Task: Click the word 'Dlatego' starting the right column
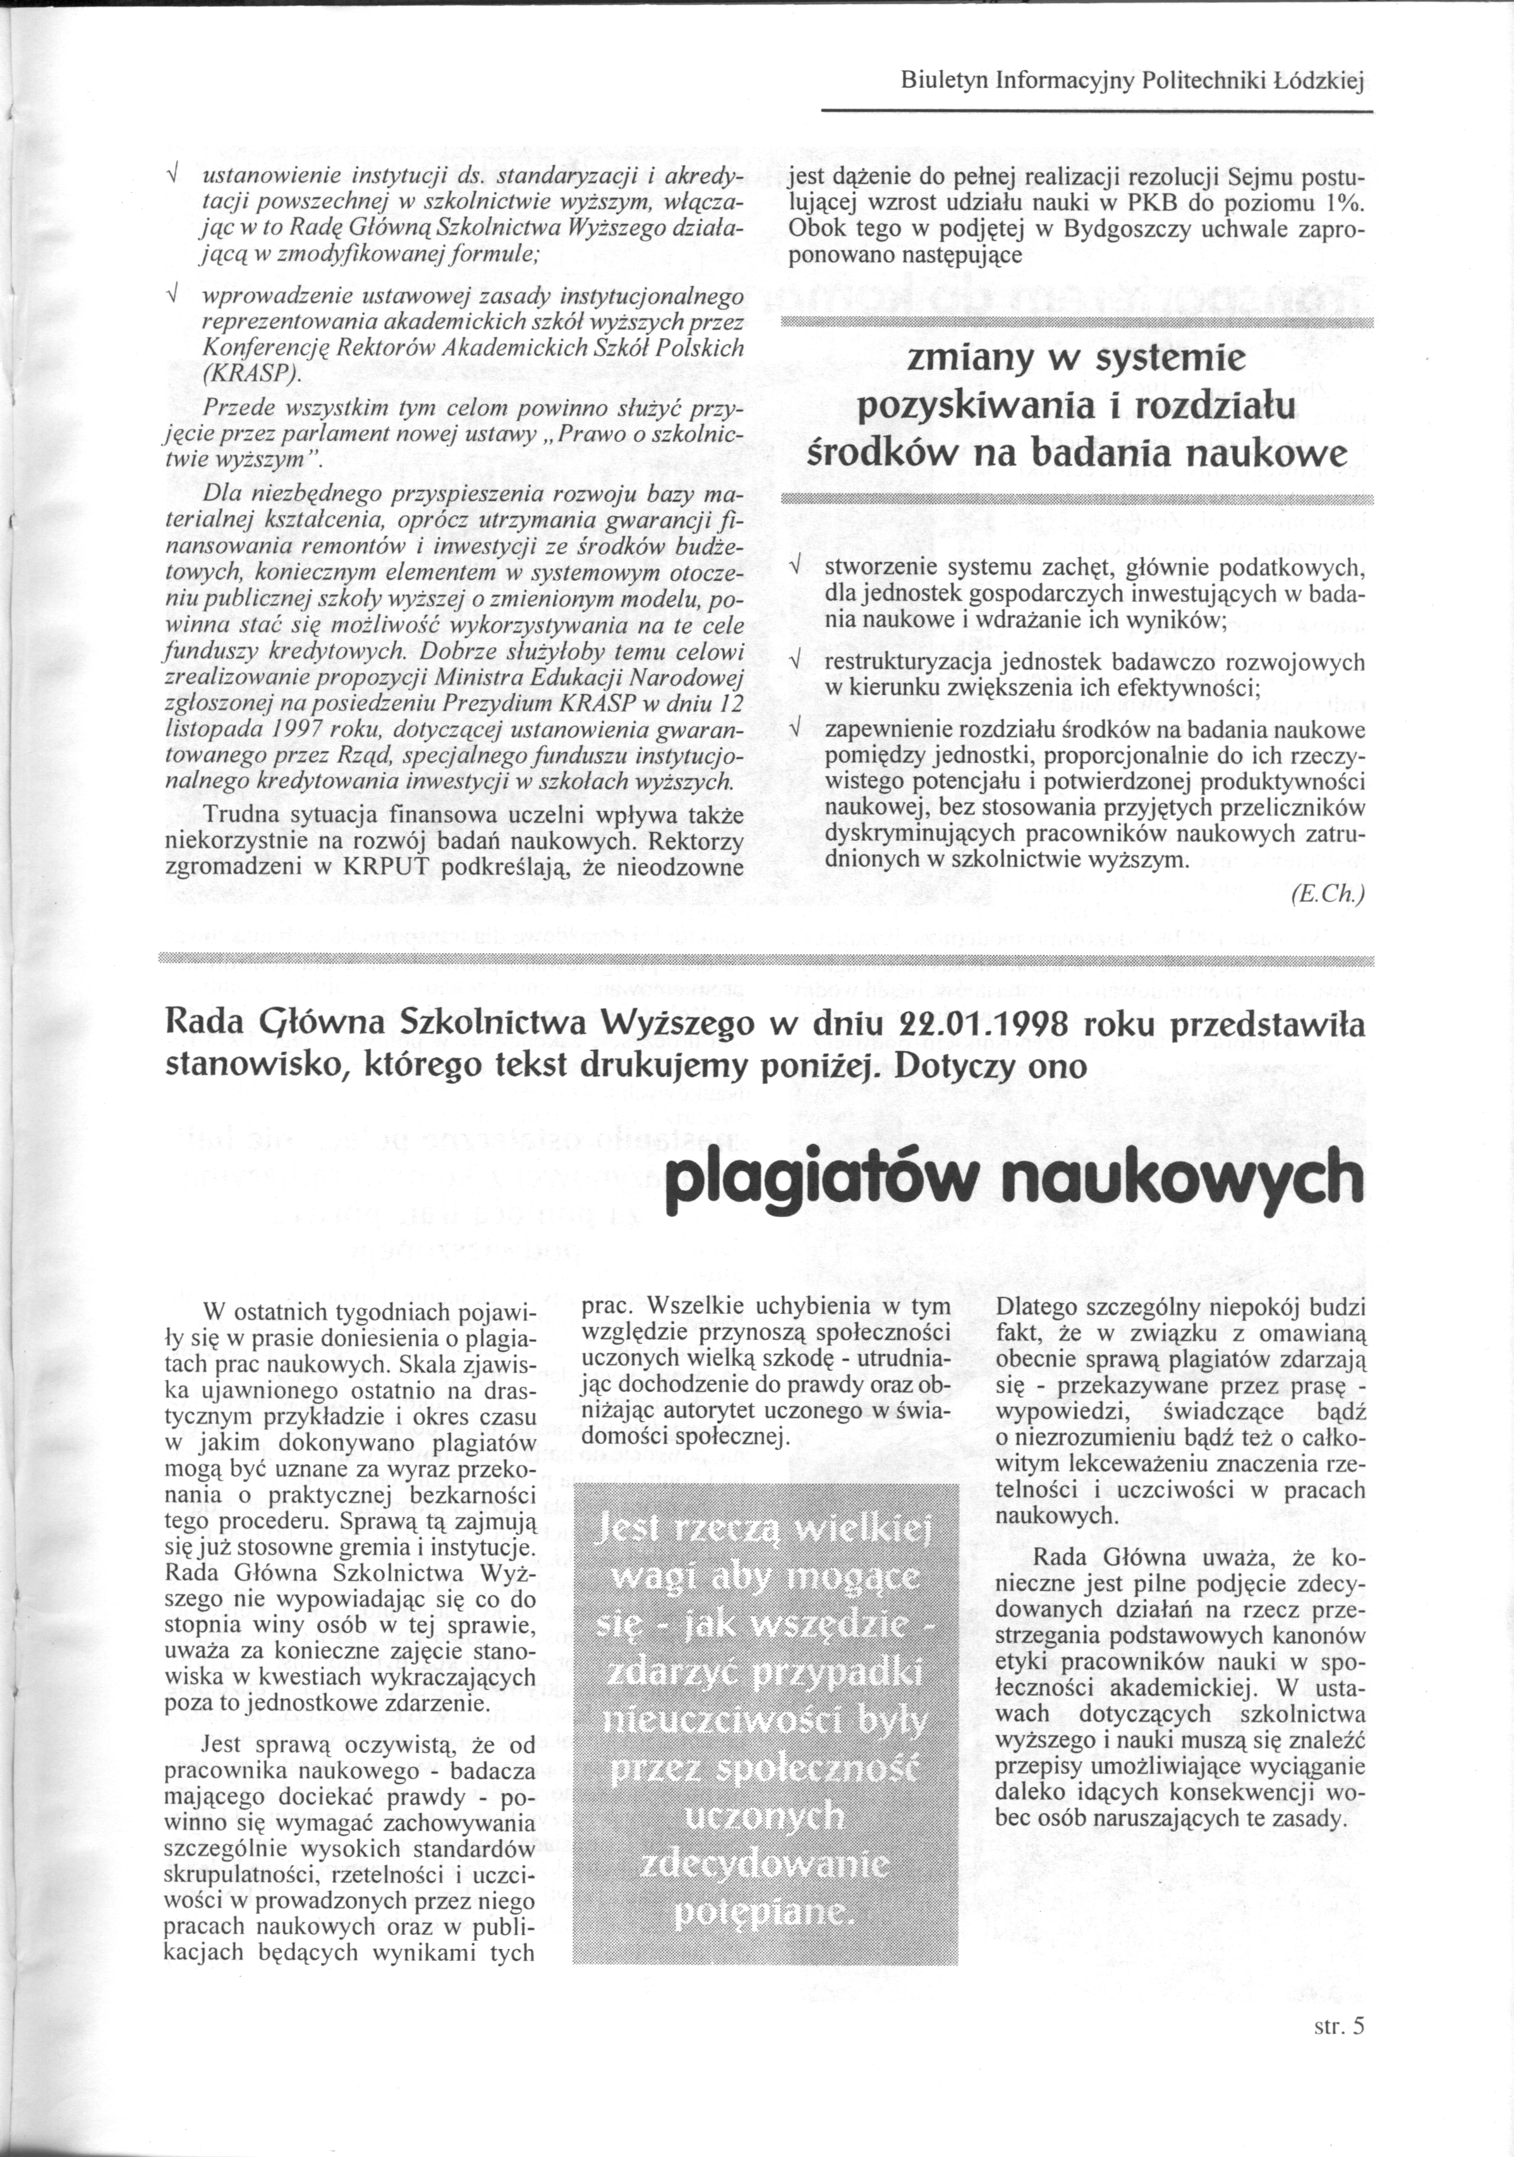tap(1034, 1307)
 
